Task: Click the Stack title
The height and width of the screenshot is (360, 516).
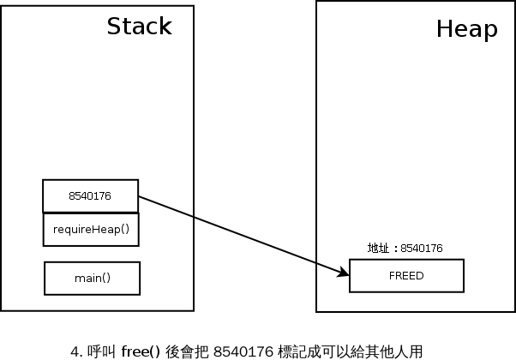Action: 139,27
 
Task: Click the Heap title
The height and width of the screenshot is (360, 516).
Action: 466,29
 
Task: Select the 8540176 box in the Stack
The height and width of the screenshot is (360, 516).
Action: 90,196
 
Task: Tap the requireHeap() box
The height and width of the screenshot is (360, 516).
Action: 91,230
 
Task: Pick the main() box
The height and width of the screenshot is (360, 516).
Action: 92,278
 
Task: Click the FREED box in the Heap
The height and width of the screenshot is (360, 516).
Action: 406,276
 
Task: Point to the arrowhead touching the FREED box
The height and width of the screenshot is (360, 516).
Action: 345,273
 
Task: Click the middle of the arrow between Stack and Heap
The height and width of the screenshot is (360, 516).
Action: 244,236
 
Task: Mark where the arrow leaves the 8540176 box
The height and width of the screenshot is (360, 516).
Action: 139,198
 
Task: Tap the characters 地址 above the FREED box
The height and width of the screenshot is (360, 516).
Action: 377,249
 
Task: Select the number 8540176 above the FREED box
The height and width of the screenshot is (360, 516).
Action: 420,249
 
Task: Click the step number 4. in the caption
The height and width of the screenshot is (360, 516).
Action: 75,351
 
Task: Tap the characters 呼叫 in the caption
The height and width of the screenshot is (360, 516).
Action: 95,351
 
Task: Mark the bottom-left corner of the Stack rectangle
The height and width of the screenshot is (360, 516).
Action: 2,309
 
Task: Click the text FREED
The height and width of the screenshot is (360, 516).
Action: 406,276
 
